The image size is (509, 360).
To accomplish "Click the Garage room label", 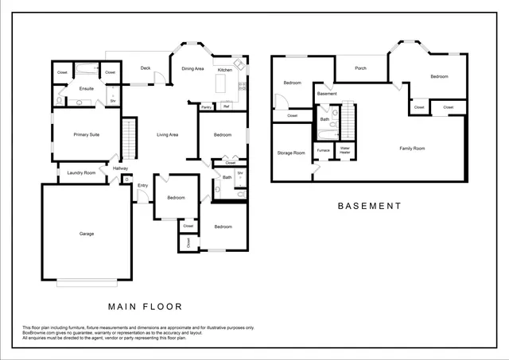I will (x=86, y=234).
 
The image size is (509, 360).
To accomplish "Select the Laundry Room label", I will (x=81, y=172).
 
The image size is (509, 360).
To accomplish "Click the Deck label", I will (x=146, y=68).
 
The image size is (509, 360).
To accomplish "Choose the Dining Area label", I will (x=193, y=69).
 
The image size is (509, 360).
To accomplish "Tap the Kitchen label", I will (x=225, y=69).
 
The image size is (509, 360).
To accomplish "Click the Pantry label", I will (x=206, y=106).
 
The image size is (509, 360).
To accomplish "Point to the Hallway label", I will (x=120, y=168).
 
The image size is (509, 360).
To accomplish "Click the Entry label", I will (x=143, y=186).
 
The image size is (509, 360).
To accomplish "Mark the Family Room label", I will (x=412, y=149).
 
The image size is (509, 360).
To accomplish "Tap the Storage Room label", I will (x=291, y=153).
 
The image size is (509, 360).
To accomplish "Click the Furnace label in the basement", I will (x=323, y=149).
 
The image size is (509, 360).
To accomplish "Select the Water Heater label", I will (x=345, y=149).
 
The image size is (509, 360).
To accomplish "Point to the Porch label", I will (x=360, y=68).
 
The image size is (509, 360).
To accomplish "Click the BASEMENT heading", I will (x=370, y=206).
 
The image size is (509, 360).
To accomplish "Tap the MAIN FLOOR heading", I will (x=146, y=306).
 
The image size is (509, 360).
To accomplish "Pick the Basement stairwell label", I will (x=327, y=94).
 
